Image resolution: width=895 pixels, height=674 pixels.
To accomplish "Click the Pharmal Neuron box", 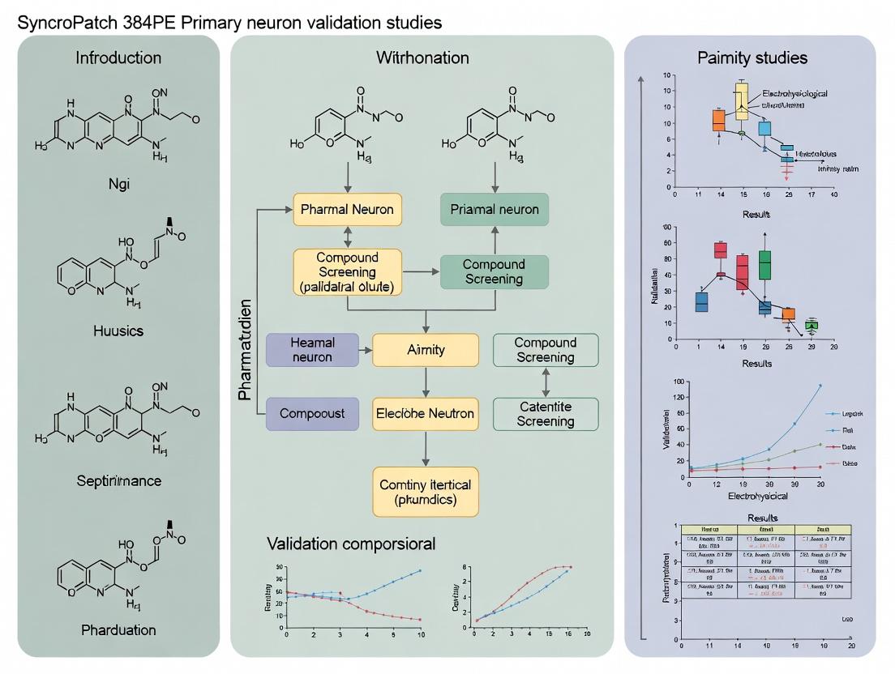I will (347, 210).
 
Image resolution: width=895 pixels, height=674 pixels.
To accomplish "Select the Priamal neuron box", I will (494, 210).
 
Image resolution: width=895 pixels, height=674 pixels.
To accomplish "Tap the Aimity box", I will (426, 350).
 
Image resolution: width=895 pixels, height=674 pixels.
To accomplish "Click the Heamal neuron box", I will (312, 350).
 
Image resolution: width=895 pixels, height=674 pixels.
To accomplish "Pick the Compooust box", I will (312, 413).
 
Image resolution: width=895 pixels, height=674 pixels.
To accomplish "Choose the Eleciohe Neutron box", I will (426, 413).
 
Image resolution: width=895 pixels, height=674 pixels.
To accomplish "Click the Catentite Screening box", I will (546, 413).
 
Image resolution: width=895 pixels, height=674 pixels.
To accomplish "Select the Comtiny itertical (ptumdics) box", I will (426, 492).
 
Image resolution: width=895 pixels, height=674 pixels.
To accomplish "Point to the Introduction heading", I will (118, 58).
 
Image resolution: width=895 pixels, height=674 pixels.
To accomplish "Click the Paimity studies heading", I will (752, 58).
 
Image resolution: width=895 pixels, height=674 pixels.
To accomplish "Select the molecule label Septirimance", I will (118, 480).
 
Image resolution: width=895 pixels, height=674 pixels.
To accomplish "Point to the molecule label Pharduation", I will (118, 629).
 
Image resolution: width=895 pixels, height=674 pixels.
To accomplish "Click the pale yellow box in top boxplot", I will (742, 100).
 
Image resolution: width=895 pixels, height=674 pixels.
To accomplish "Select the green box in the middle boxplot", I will (764, 265).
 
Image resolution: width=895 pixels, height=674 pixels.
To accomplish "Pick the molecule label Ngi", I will (118, 183).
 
